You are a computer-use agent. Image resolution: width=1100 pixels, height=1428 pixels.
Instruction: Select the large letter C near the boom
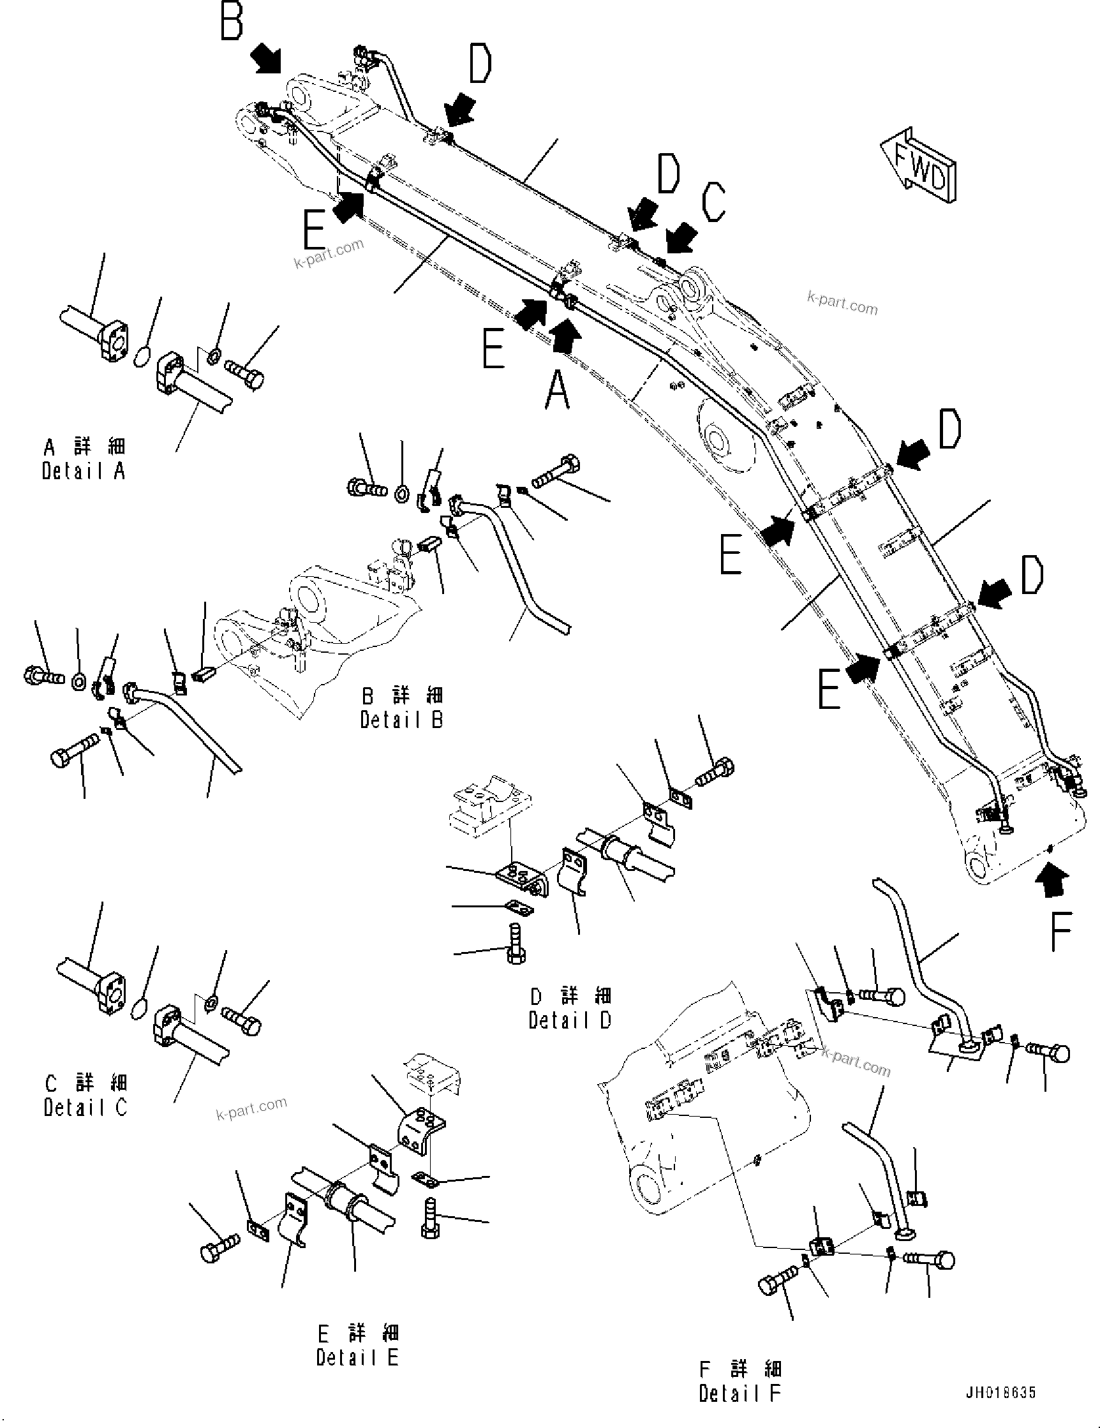tap(713, 202)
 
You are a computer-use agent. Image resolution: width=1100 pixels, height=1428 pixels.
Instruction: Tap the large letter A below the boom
tap(557, 390)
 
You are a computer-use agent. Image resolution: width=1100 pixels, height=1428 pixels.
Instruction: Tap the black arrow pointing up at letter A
tap(565, 334)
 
